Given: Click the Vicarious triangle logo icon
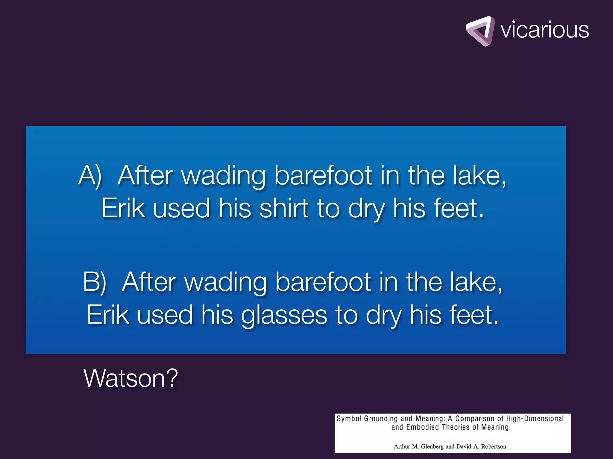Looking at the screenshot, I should click(x=480, y=31).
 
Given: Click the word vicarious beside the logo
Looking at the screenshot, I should click(x=544, y=30).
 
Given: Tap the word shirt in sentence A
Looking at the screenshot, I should click(x=284, y=208).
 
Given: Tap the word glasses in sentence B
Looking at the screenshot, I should click(x=284, y=316).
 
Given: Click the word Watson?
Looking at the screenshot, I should click(x=131, y=378).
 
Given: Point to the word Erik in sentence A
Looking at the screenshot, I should click(x=123, y=208).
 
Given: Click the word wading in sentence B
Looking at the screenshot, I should click(x=226, y=282).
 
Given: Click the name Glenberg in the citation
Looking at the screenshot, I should click(x=432, y=446).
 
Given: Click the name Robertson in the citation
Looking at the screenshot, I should click(x=494, y=446).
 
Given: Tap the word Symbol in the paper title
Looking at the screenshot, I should click(x=349, y=419).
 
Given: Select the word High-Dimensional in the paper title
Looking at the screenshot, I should click(x=535, y=419).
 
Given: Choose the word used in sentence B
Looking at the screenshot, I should click(x=165, y=315).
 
